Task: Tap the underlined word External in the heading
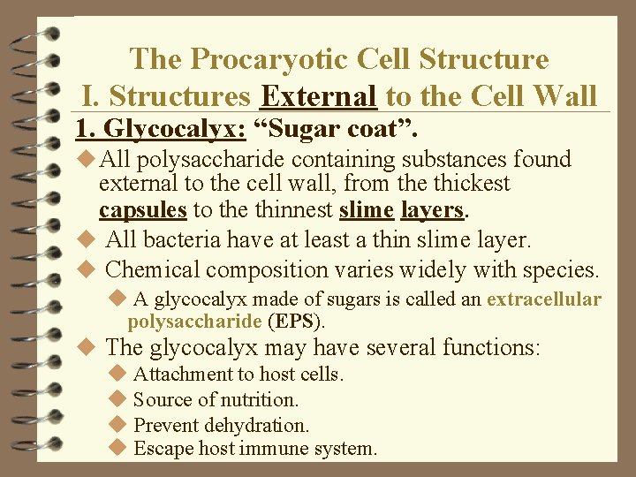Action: pyautogui.click(x=321, y=95)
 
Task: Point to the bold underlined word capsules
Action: pyautogui.click(x=142, y=210)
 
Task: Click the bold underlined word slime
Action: pyautogui.click(x=367, y=210)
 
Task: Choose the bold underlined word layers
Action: pyautogui.click(x=432, y=210)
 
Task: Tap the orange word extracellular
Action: pyautogui.click(x=543, y=299)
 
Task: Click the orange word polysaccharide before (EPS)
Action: pyautogui.click(x=194, y=321)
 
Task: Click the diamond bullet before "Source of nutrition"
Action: pyautogui.click(x=119, y=399)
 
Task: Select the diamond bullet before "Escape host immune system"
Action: pyautogui.click(x=119, y=449)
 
